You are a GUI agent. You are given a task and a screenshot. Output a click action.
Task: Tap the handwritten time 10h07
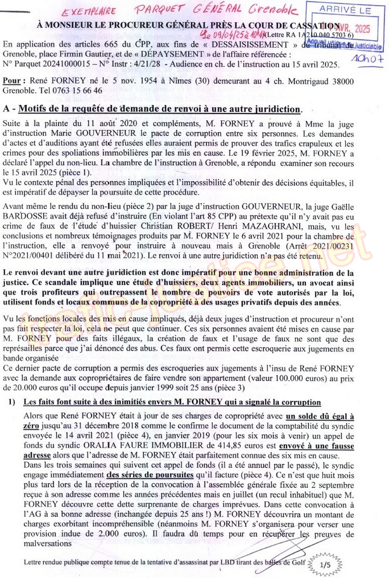point(365,61)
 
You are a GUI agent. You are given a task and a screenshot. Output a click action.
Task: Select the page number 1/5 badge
point(325,565)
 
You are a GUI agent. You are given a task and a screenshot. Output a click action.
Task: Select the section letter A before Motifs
point(6,109)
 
